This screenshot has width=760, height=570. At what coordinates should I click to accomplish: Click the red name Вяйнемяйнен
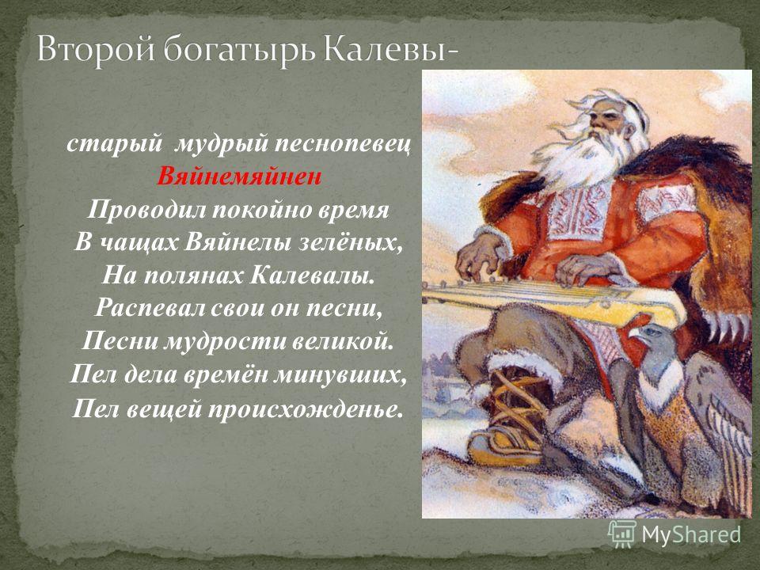click(239, 177)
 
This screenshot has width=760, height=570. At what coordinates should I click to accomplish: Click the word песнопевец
click(343, 144)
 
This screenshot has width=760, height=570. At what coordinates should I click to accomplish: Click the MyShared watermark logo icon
click(622, 534)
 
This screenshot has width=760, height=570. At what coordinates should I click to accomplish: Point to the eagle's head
click(652, 342)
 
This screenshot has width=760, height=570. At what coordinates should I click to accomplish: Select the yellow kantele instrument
click(553, 302)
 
